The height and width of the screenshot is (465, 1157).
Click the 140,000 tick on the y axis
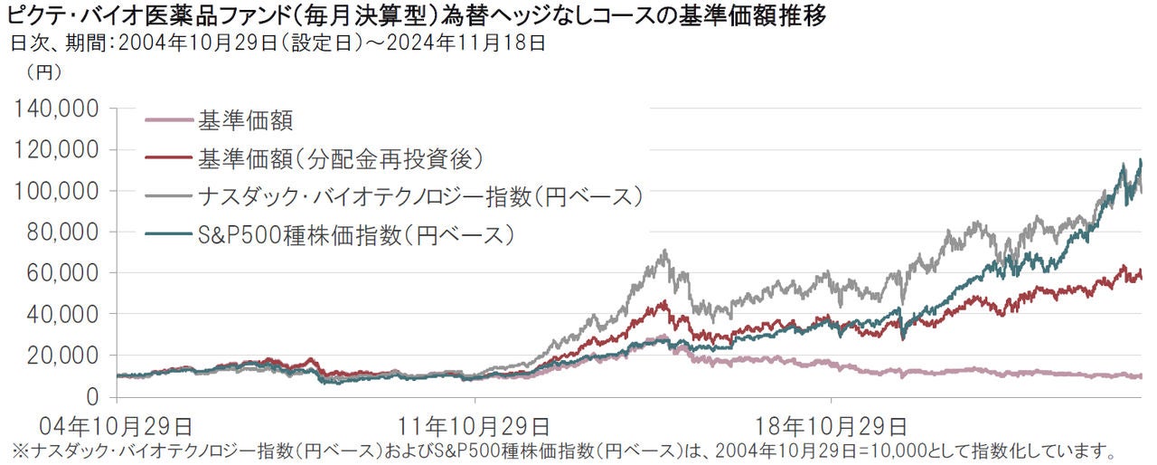pyautogui.click(x=59, y=109)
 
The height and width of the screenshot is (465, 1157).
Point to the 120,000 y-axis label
pyautogui.click(x=59, y=150)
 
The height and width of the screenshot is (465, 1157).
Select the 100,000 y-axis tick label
pyautogui.click(x=59, y=192)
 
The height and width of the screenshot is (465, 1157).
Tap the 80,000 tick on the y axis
pyautogui.click(x=64, y=232)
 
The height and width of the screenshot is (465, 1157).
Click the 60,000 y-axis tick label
pyautogui.click(x=64, y=273)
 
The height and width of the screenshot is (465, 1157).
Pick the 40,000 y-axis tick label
pyautogui.click(x=64, y=315)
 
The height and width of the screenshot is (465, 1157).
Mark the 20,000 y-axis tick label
pyautogui.click(x=64, y=356)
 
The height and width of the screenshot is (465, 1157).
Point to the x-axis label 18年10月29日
pyautogui.click(x=832, y=423)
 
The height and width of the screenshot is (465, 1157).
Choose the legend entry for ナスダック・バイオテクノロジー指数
pyautogui.click(x=419, y=196)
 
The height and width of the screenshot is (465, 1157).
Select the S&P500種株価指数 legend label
pyautogui.click(x=356, y=235)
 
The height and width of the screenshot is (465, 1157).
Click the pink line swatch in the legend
pyautogui.click(x=168, y=119)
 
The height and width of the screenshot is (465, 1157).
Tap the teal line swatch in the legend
pyautogui.click(x=168, y=235)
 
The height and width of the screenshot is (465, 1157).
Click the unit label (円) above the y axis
pyautogui.click(x=43, y=71)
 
